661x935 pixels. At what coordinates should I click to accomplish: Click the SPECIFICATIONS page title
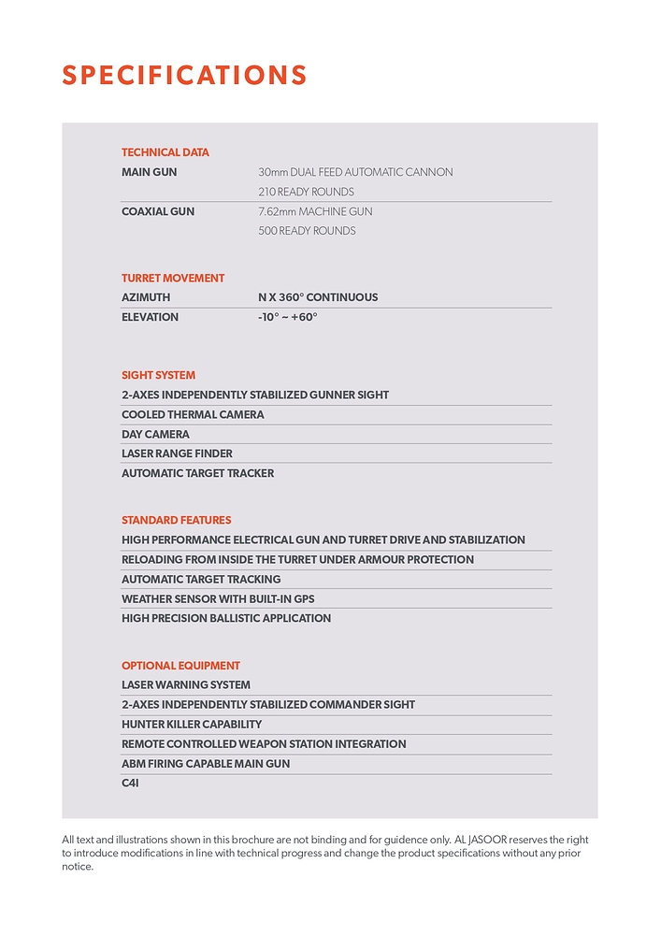click(x=184, y=75)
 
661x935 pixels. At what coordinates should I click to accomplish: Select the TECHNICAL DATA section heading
click(x=165, y=152)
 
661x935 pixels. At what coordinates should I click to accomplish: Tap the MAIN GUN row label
click(x=149, y=172)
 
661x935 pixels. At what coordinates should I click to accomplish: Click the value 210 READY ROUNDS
click(x=306, y=192)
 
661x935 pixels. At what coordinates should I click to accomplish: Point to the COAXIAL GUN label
click(x=158, y=211)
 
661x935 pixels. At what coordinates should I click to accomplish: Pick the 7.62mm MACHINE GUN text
click(x=315, y=211)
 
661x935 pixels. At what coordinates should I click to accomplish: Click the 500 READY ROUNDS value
click(x=307, y=231)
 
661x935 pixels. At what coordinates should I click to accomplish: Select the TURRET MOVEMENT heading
click(x=173, y=278)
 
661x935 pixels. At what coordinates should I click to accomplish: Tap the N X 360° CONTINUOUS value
click(x=318, y=297)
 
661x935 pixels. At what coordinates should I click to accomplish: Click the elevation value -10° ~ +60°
click(x=288, y=317)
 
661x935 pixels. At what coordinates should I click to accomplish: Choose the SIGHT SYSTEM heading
click(x=159, y=375)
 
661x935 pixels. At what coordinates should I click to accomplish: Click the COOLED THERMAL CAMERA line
click(x=193, y=414)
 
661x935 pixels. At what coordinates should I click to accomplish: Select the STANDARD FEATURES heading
click(x=176, y=520)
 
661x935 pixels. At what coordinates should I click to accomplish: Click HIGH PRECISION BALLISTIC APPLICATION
click(x=226, y=618)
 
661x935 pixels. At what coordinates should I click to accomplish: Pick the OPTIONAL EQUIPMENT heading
click(x=180, y=666)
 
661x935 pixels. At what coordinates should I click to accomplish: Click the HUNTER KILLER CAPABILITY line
click(x=192, y=725)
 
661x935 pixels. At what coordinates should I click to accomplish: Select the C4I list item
click(x=130, y=783)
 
